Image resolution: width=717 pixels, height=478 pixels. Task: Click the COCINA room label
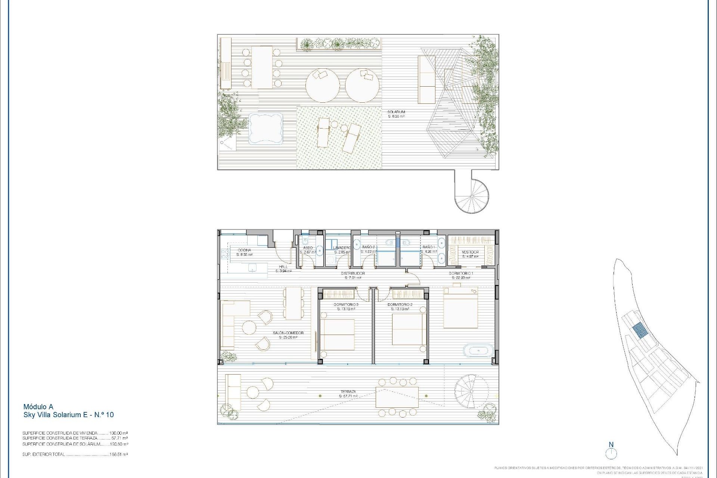pyautogui.click(x=244, y=250)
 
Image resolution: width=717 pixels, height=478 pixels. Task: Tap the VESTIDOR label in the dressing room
pyautogui.click(x=470, y=252)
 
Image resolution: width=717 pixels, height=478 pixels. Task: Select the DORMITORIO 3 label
pyautogui.click(x=346, y=305)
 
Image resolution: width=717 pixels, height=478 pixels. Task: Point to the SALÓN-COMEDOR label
pyautogui.click(x=288, y=333)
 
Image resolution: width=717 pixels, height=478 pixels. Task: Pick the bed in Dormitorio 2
pyautogui.click(x=409, y=329)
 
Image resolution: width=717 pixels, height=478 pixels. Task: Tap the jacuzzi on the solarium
pyautogui.click(x=266, y=128)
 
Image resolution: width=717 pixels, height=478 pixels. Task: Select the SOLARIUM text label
pyautogui.click(x=396, y=112)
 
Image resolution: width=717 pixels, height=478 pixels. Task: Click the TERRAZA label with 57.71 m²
pyautogui.click(x=348, y=392)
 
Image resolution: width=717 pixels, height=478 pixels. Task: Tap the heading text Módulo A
pyautogui.click(x=38, y=407)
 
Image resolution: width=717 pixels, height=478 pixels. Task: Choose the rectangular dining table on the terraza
pyautogui.click(x=397, y=397)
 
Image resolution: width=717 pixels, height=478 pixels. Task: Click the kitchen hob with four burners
pyautogui.click(x=225, y=254)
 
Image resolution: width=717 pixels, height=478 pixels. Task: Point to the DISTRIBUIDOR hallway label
pyautogui.click(x=353, y=273)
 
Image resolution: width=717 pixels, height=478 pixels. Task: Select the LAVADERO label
pyautogui.click(x=342, y=248)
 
